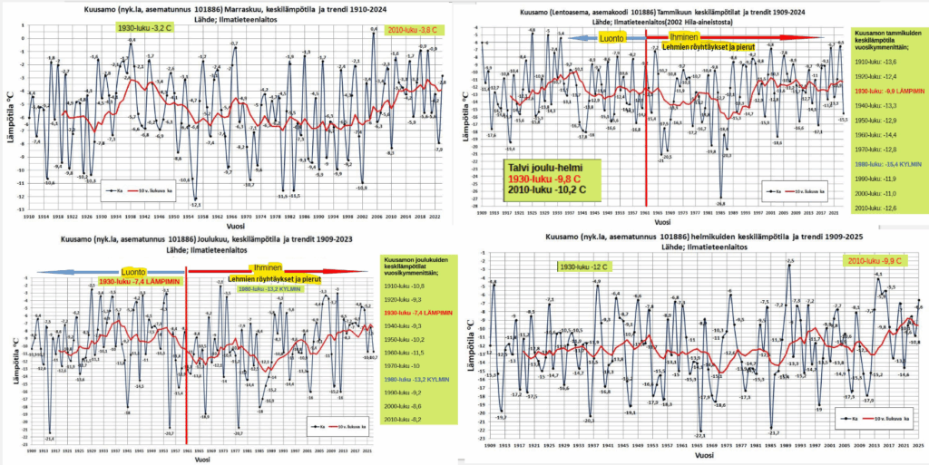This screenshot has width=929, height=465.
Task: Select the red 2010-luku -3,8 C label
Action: coord(407,30)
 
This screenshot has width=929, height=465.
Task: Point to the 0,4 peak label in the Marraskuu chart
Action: coord(374,29)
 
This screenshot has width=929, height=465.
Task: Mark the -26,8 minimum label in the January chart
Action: coord(720,204)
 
